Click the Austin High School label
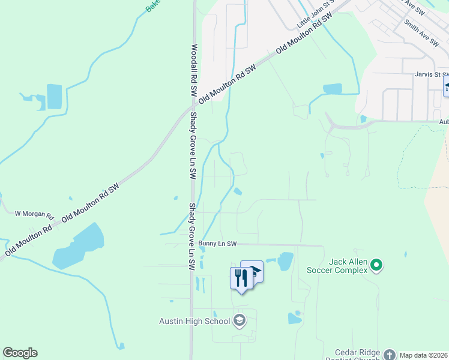194,321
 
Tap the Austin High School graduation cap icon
240,320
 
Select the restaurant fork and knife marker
241,278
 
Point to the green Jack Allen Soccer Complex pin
376,264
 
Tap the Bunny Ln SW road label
218,244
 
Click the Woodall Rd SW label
194,71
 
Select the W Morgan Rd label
34,214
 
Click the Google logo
20,353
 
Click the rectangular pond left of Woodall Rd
54,97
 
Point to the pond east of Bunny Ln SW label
285,261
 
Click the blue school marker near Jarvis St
447,86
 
